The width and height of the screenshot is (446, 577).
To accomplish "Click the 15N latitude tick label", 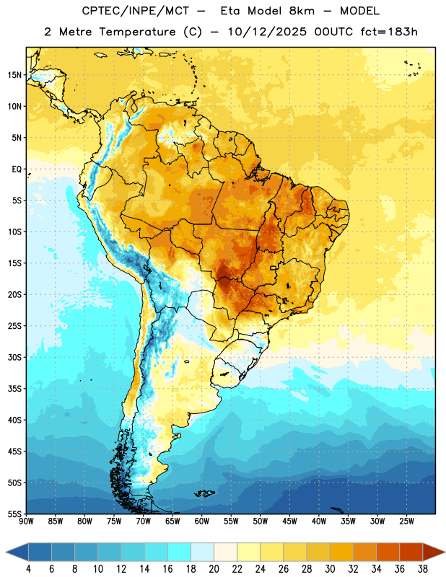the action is tap(14, 75).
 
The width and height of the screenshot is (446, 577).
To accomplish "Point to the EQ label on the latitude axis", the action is tap(17, 169).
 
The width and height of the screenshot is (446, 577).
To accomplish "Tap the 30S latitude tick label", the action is tap(14, 357).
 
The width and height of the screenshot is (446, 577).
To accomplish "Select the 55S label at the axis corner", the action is tap(14, 514).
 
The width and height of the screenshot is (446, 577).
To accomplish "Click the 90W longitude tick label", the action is tap(26, 521).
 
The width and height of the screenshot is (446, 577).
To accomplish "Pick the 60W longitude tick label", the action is tap(202, 521).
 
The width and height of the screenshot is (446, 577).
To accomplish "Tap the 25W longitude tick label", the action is tap(406, 521).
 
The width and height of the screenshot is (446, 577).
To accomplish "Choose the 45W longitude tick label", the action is tap(289, 521).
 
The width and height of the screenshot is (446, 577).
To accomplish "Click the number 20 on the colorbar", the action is tap(214, 569).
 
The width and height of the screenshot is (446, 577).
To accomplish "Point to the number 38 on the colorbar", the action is tap(423, 569).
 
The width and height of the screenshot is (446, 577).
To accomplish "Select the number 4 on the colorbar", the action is tap(28, 569).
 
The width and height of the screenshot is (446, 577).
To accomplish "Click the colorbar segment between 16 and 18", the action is tap(180, 552).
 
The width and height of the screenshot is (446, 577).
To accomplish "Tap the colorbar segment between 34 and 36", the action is tap(388, 552).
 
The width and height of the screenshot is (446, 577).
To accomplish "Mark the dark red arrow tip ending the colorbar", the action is tap(445, 552).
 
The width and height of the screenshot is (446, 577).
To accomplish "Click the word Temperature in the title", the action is tap(137, 32).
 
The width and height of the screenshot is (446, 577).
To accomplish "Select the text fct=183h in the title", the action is tap(389, 32).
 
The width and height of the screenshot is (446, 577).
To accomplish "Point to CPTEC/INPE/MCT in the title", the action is tap(135, 11).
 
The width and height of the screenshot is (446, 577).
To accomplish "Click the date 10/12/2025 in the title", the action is tap(267, 32).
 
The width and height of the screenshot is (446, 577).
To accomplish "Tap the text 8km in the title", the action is tap(302, 11).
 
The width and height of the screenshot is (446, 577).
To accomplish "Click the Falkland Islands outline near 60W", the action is tap(205, 493).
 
